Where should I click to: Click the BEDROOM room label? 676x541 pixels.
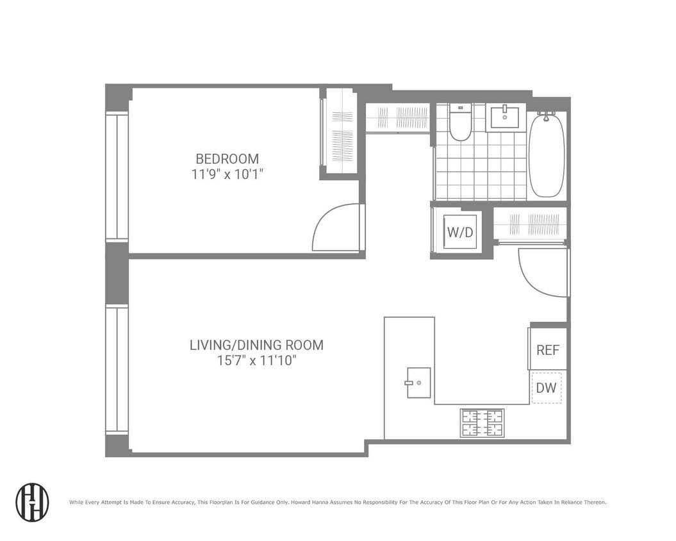pyautogui.click(x=227, y=159)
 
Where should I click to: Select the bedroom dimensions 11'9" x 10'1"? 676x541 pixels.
pyautogui.click(x=227, y=174)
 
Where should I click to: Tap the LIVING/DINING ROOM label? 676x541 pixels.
pyautogui.click(x=256, y=345)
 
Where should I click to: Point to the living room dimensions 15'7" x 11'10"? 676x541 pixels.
pyautogui.click(x=256, y=361)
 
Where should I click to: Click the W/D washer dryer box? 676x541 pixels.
pyautogui.click(x=460, y=232)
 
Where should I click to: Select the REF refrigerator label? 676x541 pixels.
pyautogui.click(x=548, y=350)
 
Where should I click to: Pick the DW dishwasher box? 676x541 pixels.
pyautogui.click(x=546, y=388)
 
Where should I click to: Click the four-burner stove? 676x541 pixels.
pyautogui.click(x=482, y=423)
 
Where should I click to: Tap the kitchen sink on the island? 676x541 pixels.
pyautogui.click(x=418, y=383)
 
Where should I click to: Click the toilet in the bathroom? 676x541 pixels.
pyautogui.click(x=460, y=122)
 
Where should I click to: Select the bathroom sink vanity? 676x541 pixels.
pyautogui.click(x=506, y=118)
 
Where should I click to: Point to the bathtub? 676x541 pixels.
pyautogui.click(x=547, y=155)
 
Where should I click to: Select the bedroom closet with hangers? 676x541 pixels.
pyautogui.click(x=340, y=131)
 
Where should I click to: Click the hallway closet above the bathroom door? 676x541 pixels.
pyautogui.click(x=397, y=118)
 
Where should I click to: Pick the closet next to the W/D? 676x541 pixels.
pyautogui.click(x=529, y=224)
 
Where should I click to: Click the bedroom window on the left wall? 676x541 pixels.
pyautogui.click(x=117, y=177)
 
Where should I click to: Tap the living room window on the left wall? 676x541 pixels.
pyautogui.click(x=117, y=370)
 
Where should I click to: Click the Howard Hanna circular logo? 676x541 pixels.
pyautogui.click(x=32, y=502)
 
